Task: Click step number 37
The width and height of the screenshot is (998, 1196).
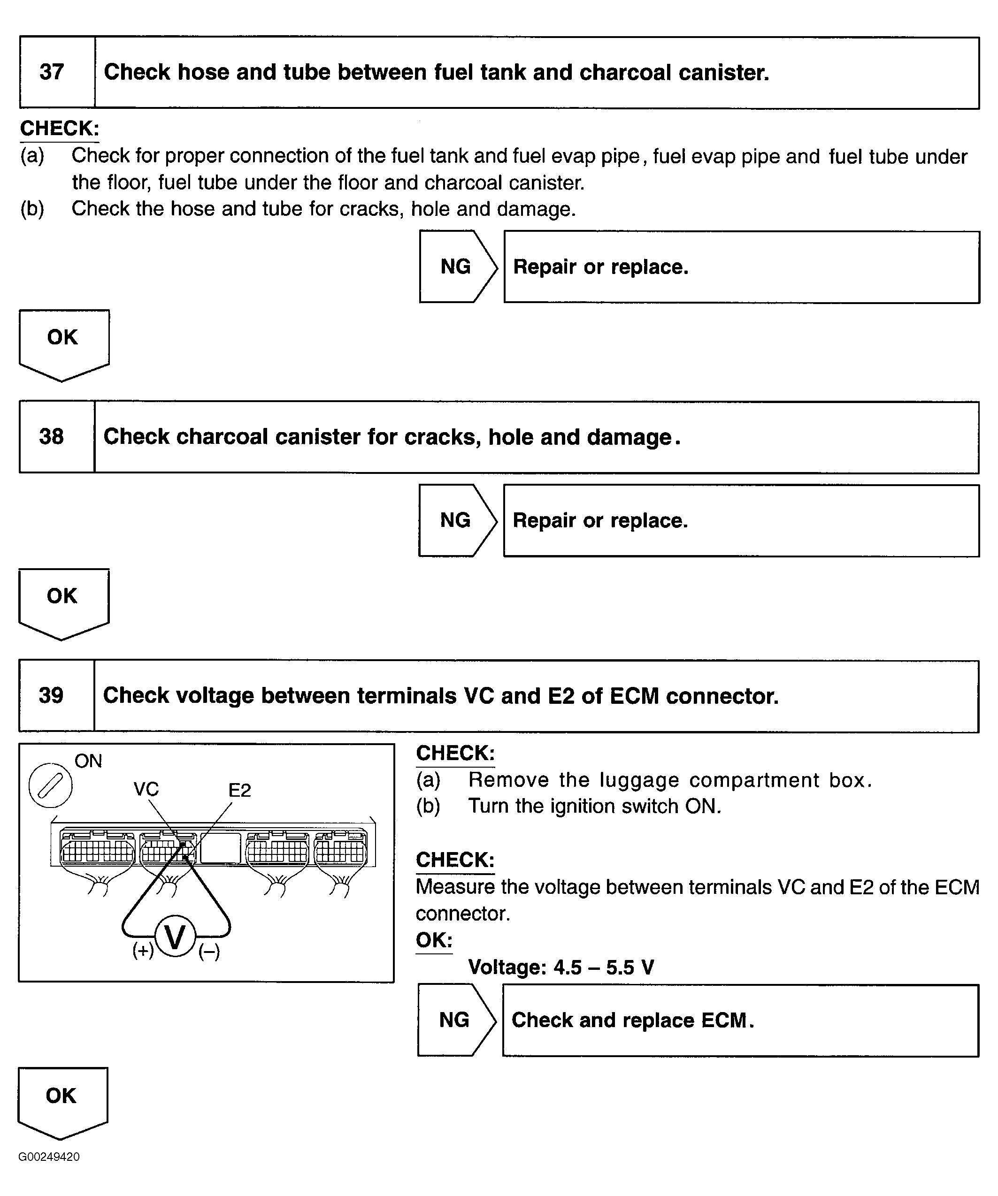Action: click(51, 72)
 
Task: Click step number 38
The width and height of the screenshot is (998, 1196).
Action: click(51, 437)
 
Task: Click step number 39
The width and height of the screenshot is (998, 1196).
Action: click(51, 695)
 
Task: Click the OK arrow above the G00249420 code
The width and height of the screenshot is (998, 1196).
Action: click(61, 1100)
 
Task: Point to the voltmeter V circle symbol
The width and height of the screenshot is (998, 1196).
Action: click(176, 937)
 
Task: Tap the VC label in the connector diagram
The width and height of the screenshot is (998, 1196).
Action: click(146, 789)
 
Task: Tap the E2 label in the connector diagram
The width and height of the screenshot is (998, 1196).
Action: click(239, 791)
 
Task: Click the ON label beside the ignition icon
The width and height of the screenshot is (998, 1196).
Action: click(88, 762)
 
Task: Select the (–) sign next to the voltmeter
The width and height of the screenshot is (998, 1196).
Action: click(209, 952)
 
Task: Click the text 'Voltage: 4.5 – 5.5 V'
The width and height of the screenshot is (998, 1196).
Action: click(560, 967)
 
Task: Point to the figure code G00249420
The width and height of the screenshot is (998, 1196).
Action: click(49, 1157)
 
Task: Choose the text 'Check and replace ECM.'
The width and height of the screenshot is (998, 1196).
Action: click(632, 1020)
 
